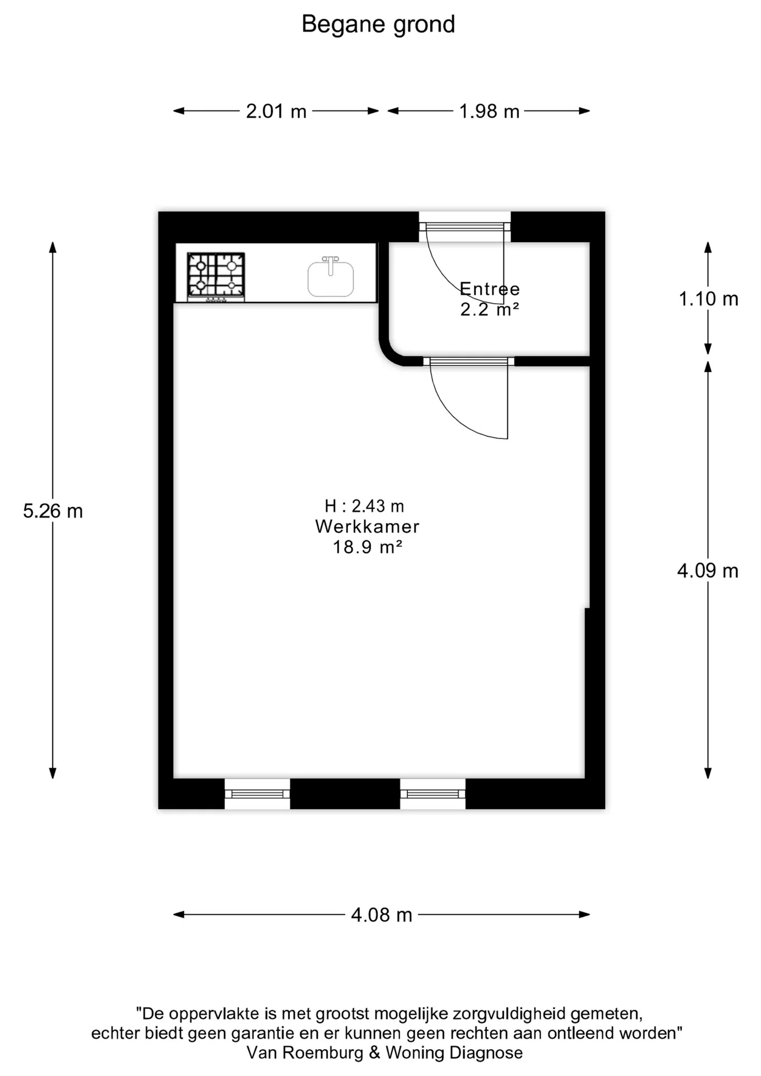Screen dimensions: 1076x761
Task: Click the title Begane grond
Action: coord(378,25)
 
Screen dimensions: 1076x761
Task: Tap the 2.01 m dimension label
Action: coord(276,112)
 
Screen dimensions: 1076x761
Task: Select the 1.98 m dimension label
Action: coord(489,112)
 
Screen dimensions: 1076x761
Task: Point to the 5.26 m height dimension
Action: coord(53,511)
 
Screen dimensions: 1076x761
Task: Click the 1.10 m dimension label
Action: coord(708,299)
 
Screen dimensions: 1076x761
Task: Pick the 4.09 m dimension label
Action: coord(708,571)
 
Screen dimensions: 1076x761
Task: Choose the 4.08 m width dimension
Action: coord(382,915)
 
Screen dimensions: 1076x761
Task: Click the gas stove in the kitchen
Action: coord(216,275)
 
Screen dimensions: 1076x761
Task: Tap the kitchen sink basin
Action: coord(331,279)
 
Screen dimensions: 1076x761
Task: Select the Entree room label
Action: coord(490,289)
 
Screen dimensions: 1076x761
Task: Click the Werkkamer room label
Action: coord(368,527)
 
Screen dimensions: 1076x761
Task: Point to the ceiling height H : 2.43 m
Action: coord(364,507)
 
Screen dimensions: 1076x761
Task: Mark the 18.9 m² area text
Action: coord(368,548)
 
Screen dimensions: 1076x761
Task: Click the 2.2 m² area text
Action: coord(490,309)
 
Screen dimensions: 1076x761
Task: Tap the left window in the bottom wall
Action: coord(257,794)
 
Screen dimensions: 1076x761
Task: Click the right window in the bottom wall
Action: coord(433,794)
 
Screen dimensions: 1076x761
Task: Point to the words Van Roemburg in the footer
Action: coord(305,1053)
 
